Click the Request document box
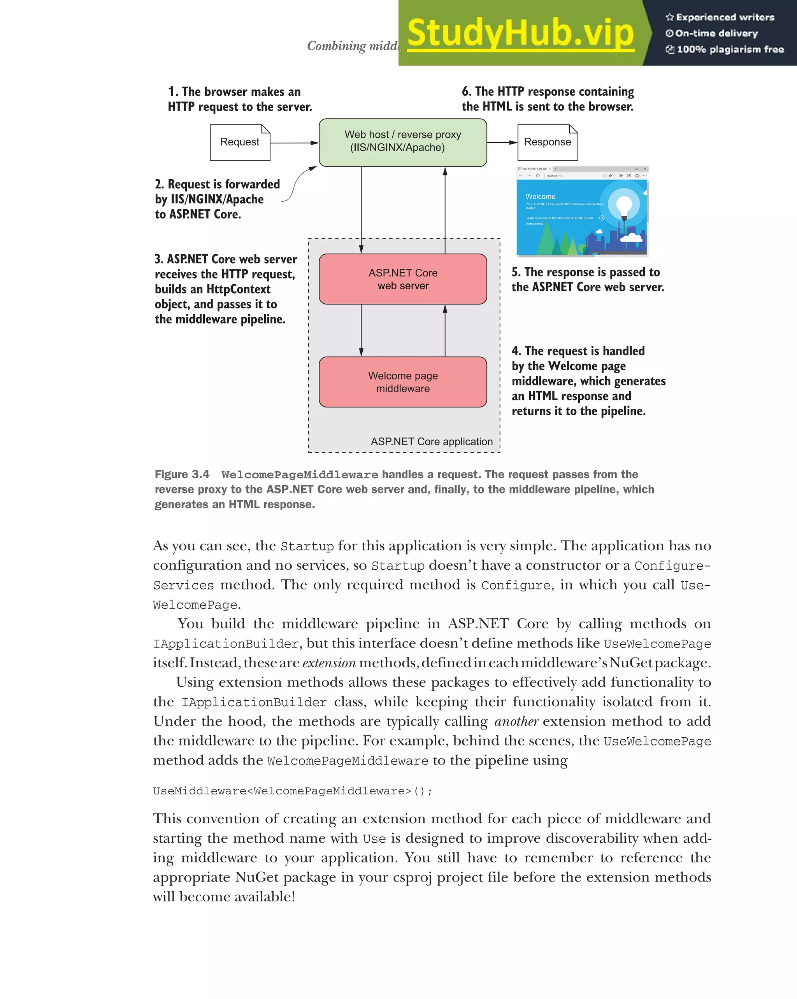[240, 142]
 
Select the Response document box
[547, 142]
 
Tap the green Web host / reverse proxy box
[402, 142]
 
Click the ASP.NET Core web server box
[402, 279]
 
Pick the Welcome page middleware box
[402, 382]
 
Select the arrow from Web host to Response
[502, 142]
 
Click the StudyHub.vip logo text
[520, 33]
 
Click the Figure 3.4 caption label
[182, 474]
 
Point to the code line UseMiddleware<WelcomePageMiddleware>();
[293, 791]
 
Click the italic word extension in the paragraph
[329, 663]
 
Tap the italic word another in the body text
[516, 721]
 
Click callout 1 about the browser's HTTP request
[239, 99]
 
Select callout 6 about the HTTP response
[548, 99]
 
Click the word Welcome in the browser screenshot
[540, 196]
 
